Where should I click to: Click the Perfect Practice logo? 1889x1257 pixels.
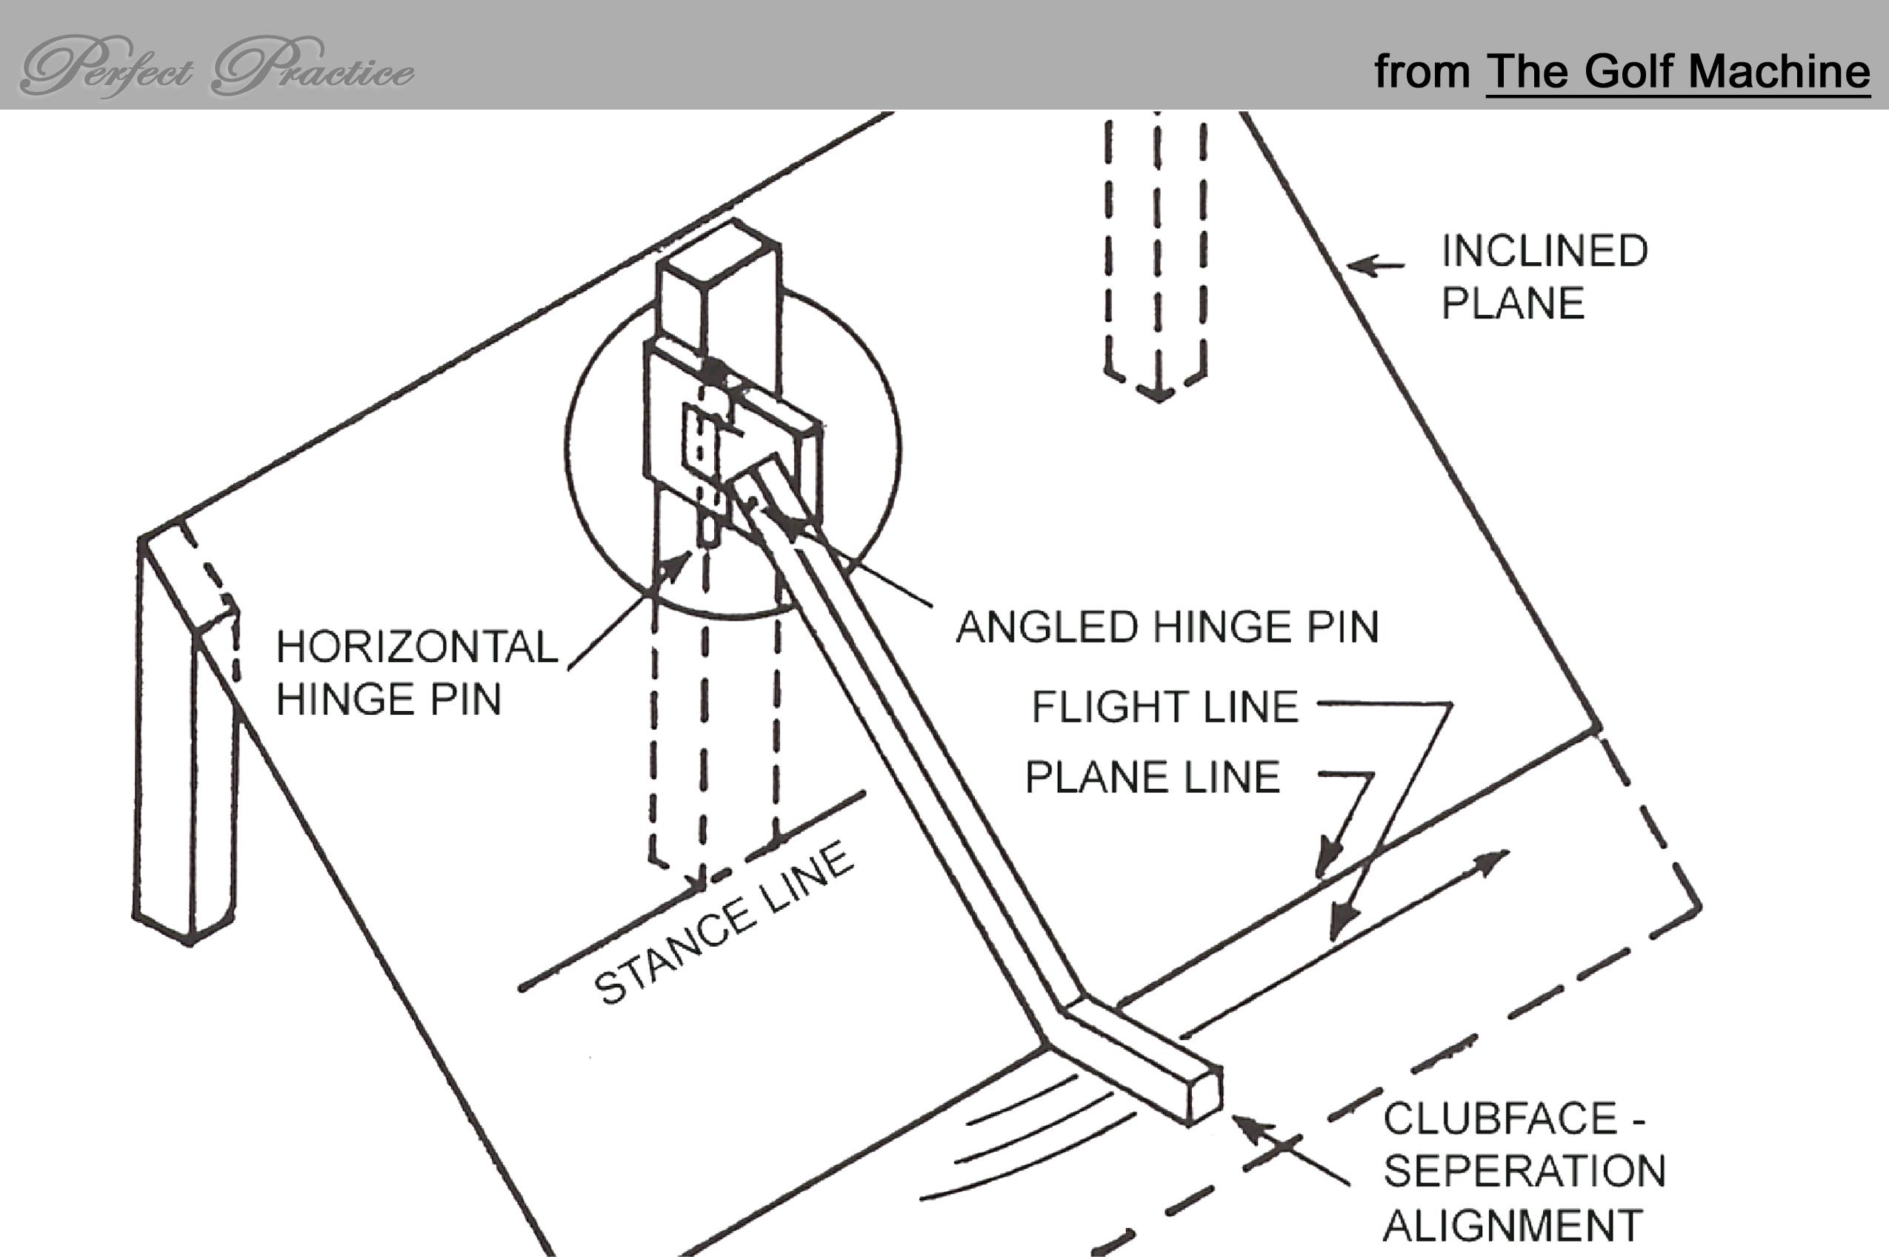216,67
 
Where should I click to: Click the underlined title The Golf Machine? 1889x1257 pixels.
1677,72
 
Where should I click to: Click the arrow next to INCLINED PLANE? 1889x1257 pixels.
1373,265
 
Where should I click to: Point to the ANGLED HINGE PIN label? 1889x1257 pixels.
1167,627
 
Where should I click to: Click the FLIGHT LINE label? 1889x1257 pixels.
1165,707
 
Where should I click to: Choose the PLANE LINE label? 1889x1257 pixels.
1152,777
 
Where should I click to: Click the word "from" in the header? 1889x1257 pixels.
1421,72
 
